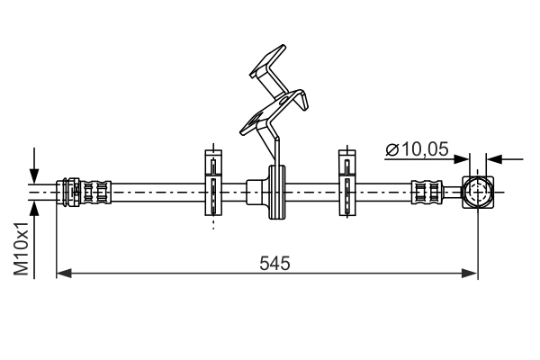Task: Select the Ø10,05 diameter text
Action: tap(417, 150)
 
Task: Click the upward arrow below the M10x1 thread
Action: tap(34, 210)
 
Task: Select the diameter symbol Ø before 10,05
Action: tap(391, 150)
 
